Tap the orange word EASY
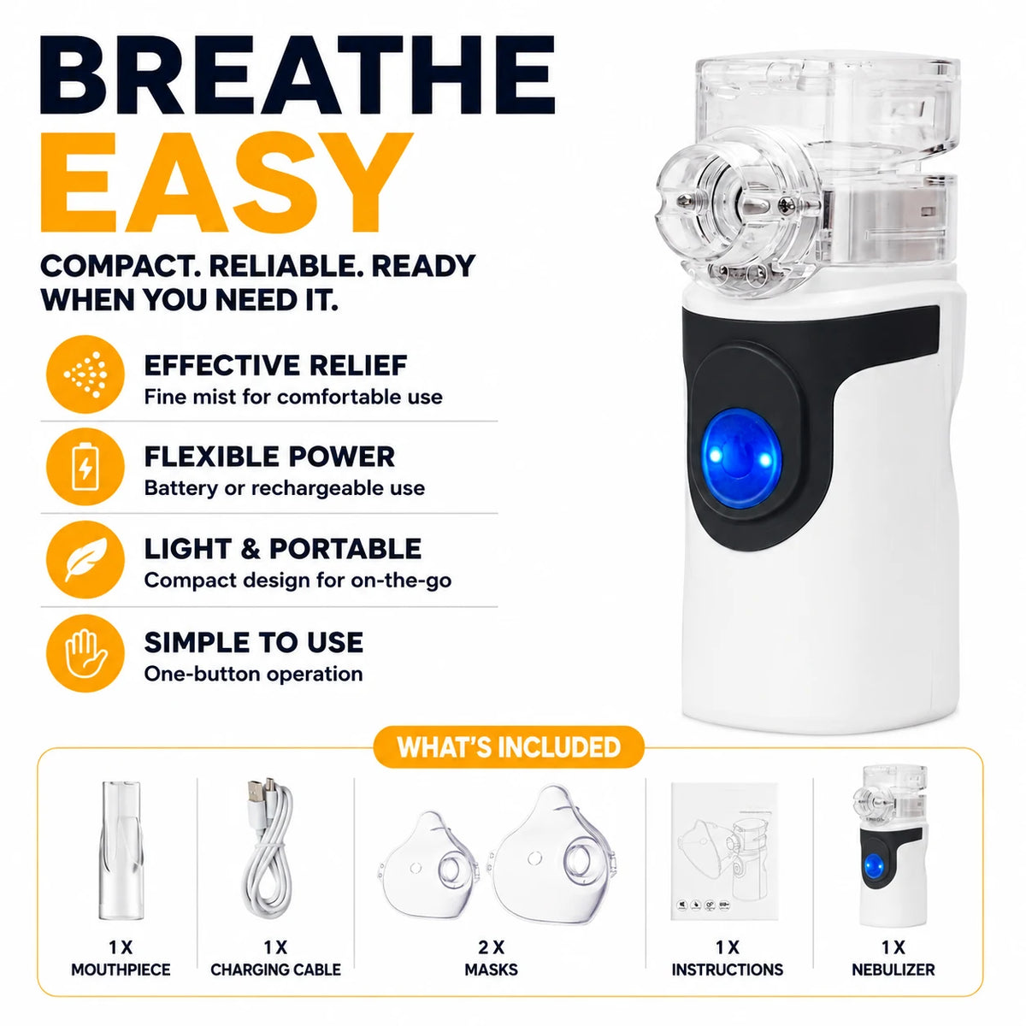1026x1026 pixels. click(227, 183)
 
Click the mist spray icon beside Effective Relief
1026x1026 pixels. click(85, 374)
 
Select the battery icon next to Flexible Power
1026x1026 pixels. click(85, 467)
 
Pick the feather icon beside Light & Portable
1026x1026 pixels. click(85, 559)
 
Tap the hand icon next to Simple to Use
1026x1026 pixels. click(85, 652)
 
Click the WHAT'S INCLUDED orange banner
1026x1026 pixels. click(509, 747)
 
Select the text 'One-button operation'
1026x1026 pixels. click(253, 674)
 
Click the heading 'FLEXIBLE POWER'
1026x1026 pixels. click(269, 457)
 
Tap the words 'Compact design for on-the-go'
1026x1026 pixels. click(298, 581)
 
